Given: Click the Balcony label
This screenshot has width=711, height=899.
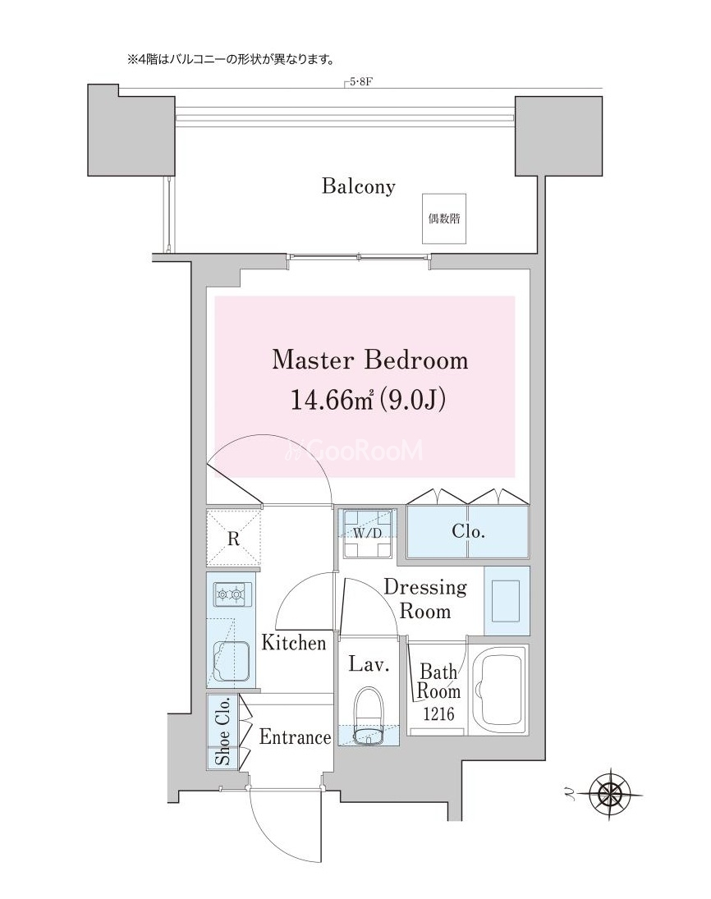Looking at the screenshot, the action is point(358,186).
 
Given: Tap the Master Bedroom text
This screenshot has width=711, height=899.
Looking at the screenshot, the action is point(369,360).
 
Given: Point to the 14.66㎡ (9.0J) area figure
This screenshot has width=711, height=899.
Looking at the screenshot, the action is point(368,400).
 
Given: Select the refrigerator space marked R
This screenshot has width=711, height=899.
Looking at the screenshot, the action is point(233,539).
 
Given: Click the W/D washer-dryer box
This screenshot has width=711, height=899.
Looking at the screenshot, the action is point(367,533).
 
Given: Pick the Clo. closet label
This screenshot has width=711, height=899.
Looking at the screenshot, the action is point(469,531).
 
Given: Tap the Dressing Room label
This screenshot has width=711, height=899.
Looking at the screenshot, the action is point(425,599).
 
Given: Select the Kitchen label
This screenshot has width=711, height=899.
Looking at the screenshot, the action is point(294,643).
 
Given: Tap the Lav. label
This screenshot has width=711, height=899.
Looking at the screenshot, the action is point(369,664).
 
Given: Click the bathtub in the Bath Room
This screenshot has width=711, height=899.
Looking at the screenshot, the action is point(501,690).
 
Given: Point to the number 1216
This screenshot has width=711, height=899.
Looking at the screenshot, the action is point(438,713).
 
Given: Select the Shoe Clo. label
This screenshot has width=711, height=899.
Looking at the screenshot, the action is point(222,731).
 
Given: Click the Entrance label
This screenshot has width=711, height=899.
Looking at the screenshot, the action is point(295,736).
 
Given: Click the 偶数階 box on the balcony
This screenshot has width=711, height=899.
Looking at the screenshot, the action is point(444,218).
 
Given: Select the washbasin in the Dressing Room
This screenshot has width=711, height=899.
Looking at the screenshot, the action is point(506,600).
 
